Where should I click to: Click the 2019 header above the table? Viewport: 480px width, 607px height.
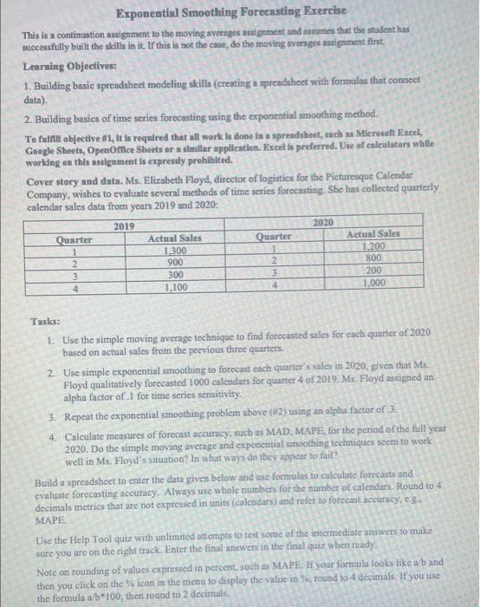(126, 225)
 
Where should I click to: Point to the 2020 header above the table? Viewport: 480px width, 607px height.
(321, 223)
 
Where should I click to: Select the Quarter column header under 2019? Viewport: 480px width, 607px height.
(75, 238)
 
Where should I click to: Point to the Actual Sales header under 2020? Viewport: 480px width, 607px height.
(373, 233)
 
